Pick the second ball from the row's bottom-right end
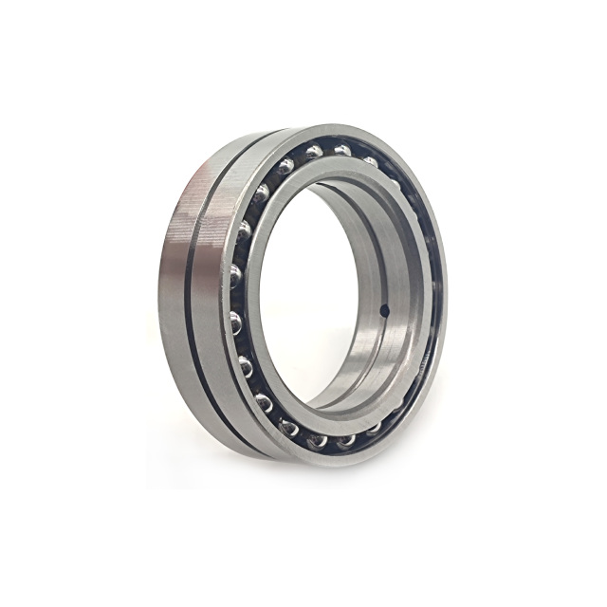click(346, 439)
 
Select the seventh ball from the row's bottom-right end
click(236, 322)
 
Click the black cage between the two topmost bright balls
click(328, 151)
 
